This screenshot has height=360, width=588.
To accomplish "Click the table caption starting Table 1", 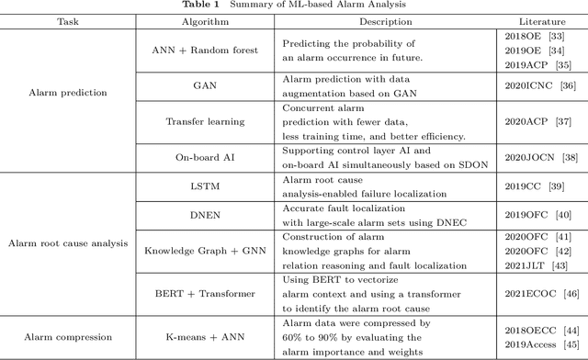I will pyautogui.click(x=294, y=5).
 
